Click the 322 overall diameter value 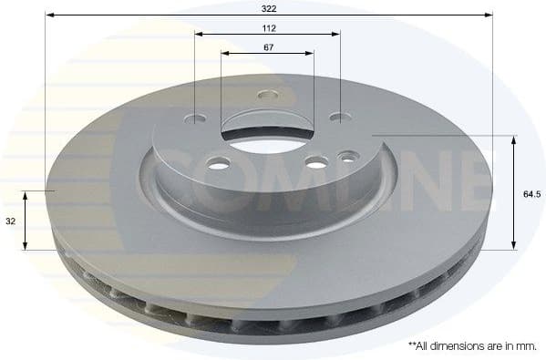268,7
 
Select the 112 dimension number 267,26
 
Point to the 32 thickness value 9,221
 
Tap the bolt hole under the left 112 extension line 198,118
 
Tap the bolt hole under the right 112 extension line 336,118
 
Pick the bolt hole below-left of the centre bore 217,164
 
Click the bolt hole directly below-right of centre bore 314,163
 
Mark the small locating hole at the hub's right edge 345,158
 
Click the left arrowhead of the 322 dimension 50,15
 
